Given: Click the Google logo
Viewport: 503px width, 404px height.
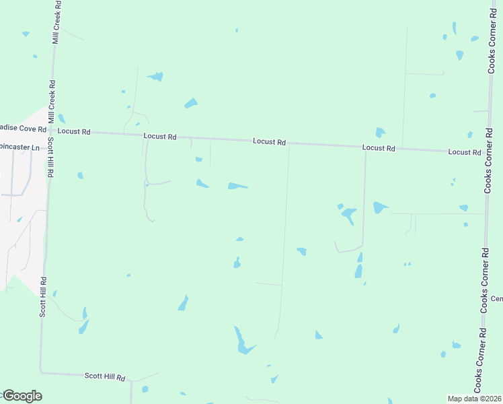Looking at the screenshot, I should [22, 396].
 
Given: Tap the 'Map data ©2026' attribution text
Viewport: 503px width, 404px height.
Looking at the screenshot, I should [475, 399].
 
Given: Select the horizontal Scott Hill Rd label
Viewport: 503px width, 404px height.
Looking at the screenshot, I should [105, 377].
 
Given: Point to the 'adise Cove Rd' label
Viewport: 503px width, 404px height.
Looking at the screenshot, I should [23, 129].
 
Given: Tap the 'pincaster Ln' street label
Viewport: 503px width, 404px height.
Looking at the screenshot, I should [21, 146].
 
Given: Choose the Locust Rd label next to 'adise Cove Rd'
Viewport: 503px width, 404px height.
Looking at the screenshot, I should [74, 131].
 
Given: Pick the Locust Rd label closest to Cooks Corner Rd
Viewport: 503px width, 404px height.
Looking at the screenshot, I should [465, 152].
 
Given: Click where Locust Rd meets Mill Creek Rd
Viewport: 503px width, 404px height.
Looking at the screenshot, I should [52, 131].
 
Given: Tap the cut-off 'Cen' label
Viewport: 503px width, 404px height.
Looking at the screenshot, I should [496, 298].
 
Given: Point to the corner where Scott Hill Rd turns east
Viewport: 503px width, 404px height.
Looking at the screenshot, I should [40, 371].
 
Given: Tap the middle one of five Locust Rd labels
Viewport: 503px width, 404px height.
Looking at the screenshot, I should [270, 142].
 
